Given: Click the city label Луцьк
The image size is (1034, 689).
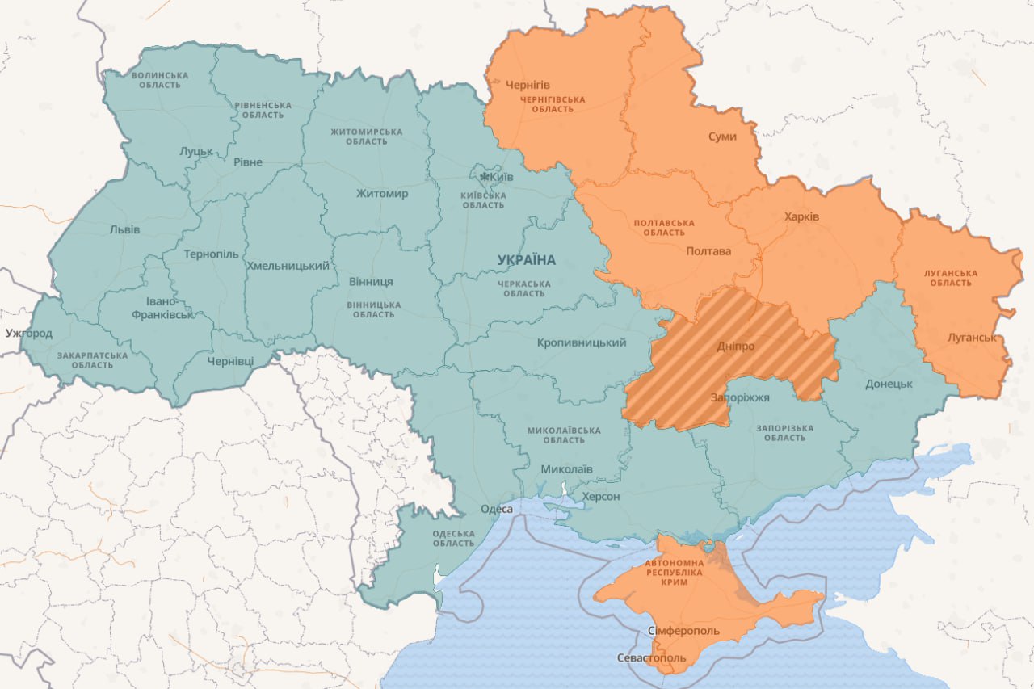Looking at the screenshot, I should pos(196,151).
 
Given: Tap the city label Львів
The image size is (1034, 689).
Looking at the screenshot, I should pos(124,229).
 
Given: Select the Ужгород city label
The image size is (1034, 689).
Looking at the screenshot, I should pos(28,333).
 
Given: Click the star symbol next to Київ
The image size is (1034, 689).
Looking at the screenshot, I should pos(484,177).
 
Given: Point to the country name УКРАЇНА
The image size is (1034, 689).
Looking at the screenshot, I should pos(527,260).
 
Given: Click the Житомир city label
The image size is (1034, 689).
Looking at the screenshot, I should pos(382,193).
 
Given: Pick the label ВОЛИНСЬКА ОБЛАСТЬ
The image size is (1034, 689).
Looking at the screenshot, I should pos(160,80).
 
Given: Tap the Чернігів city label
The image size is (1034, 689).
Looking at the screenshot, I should pos(528,84).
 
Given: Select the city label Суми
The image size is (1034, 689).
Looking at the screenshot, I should pos(722,137).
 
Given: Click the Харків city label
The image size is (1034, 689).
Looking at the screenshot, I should pos(801,216).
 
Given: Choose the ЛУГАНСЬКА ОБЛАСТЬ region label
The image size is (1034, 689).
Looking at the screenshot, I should pos(951,278).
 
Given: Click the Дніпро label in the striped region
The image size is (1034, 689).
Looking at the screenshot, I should pos(735,347).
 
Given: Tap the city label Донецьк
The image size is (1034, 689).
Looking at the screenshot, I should pos(889,384).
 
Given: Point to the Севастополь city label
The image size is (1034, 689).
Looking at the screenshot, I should pos(651,657).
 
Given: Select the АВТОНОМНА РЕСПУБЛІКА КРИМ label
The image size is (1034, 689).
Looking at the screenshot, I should pos(673,572).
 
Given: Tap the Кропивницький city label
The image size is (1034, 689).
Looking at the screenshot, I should pos(582,342).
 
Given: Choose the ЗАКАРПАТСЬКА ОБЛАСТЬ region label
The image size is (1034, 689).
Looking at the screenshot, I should pos(92,359).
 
